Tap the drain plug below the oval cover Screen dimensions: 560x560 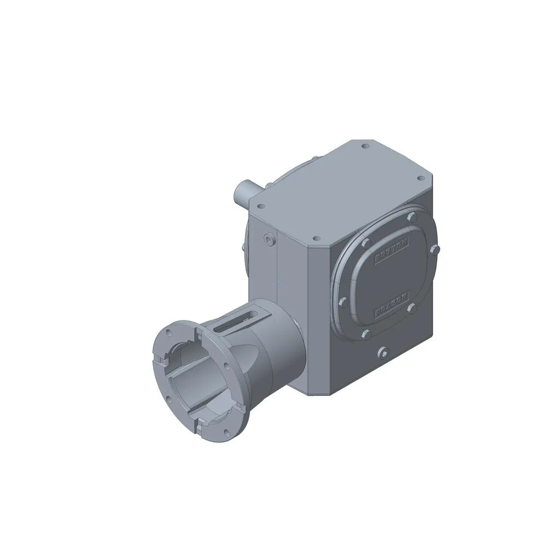383,353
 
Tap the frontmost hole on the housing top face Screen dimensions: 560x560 316,239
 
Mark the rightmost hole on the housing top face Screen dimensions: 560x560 420,178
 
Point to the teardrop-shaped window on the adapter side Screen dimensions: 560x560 244,358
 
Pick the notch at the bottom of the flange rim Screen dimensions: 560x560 201,420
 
